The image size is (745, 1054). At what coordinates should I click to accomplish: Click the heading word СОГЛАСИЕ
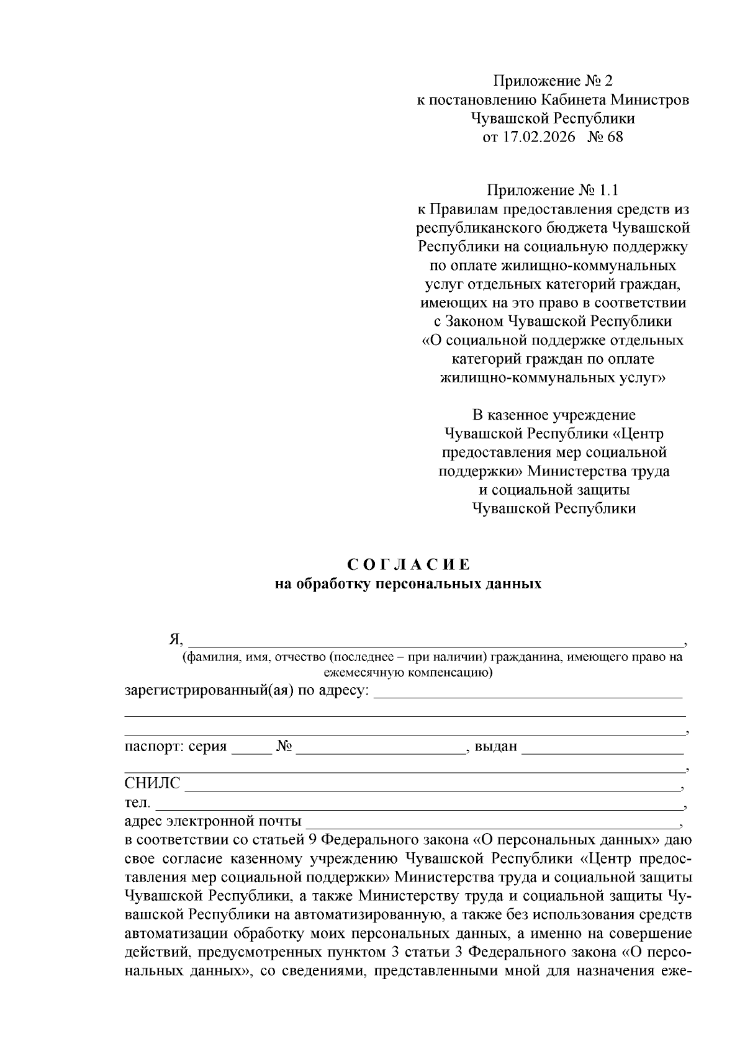(x=409, y=565)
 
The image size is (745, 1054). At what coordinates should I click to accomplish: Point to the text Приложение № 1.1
(x=553, y=189)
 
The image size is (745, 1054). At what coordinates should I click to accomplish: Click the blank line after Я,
(x=435, y=639)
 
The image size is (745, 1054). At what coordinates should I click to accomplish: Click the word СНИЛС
(x=152, y=783)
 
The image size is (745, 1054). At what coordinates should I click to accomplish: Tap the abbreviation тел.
(x=137, y=803)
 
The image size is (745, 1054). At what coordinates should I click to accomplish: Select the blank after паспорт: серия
(x=251, y=747)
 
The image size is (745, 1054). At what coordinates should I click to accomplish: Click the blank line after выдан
(x=602, y=747)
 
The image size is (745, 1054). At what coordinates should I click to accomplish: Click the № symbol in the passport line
(x=284, y=746)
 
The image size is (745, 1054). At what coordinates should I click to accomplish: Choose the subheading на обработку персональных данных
(x=409, y=583)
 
